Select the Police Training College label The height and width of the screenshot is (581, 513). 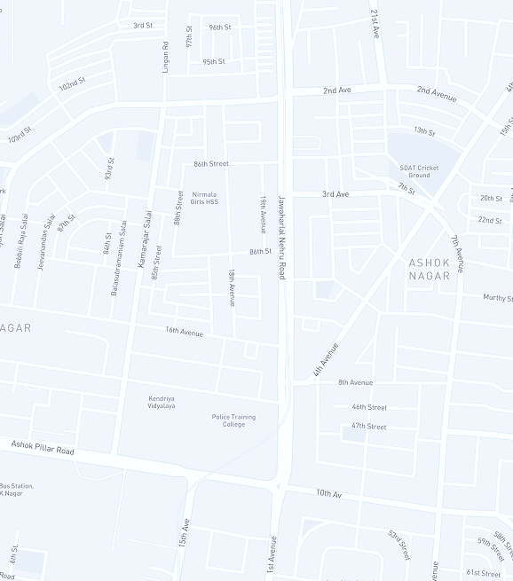(233, 420)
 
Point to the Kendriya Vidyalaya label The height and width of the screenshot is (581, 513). (162, 402)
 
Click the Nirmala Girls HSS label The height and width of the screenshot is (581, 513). (204, 198)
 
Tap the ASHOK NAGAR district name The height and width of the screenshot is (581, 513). (430, 269)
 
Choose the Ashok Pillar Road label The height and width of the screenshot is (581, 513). (43, 446)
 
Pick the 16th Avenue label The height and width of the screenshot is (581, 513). (184, 333)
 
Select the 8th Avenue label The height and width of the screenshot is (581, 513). (355, 382)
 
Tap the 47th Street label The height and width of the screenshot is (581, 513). (368, 427)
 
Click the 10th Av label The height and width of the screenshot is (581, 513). (328, 492)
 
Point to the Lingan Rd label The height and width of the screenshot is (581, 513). (165, 57)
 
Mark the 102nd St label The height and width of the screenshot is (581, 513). (72, 86)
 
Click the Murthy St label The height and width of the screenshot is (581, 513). (497, 298)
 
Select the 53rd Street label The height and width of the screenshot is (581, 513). (399, 545)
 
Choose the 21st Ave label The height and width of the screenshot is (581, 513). (375, 24)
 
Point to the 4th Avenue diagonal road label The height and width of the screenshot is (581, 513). (326, 360)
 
